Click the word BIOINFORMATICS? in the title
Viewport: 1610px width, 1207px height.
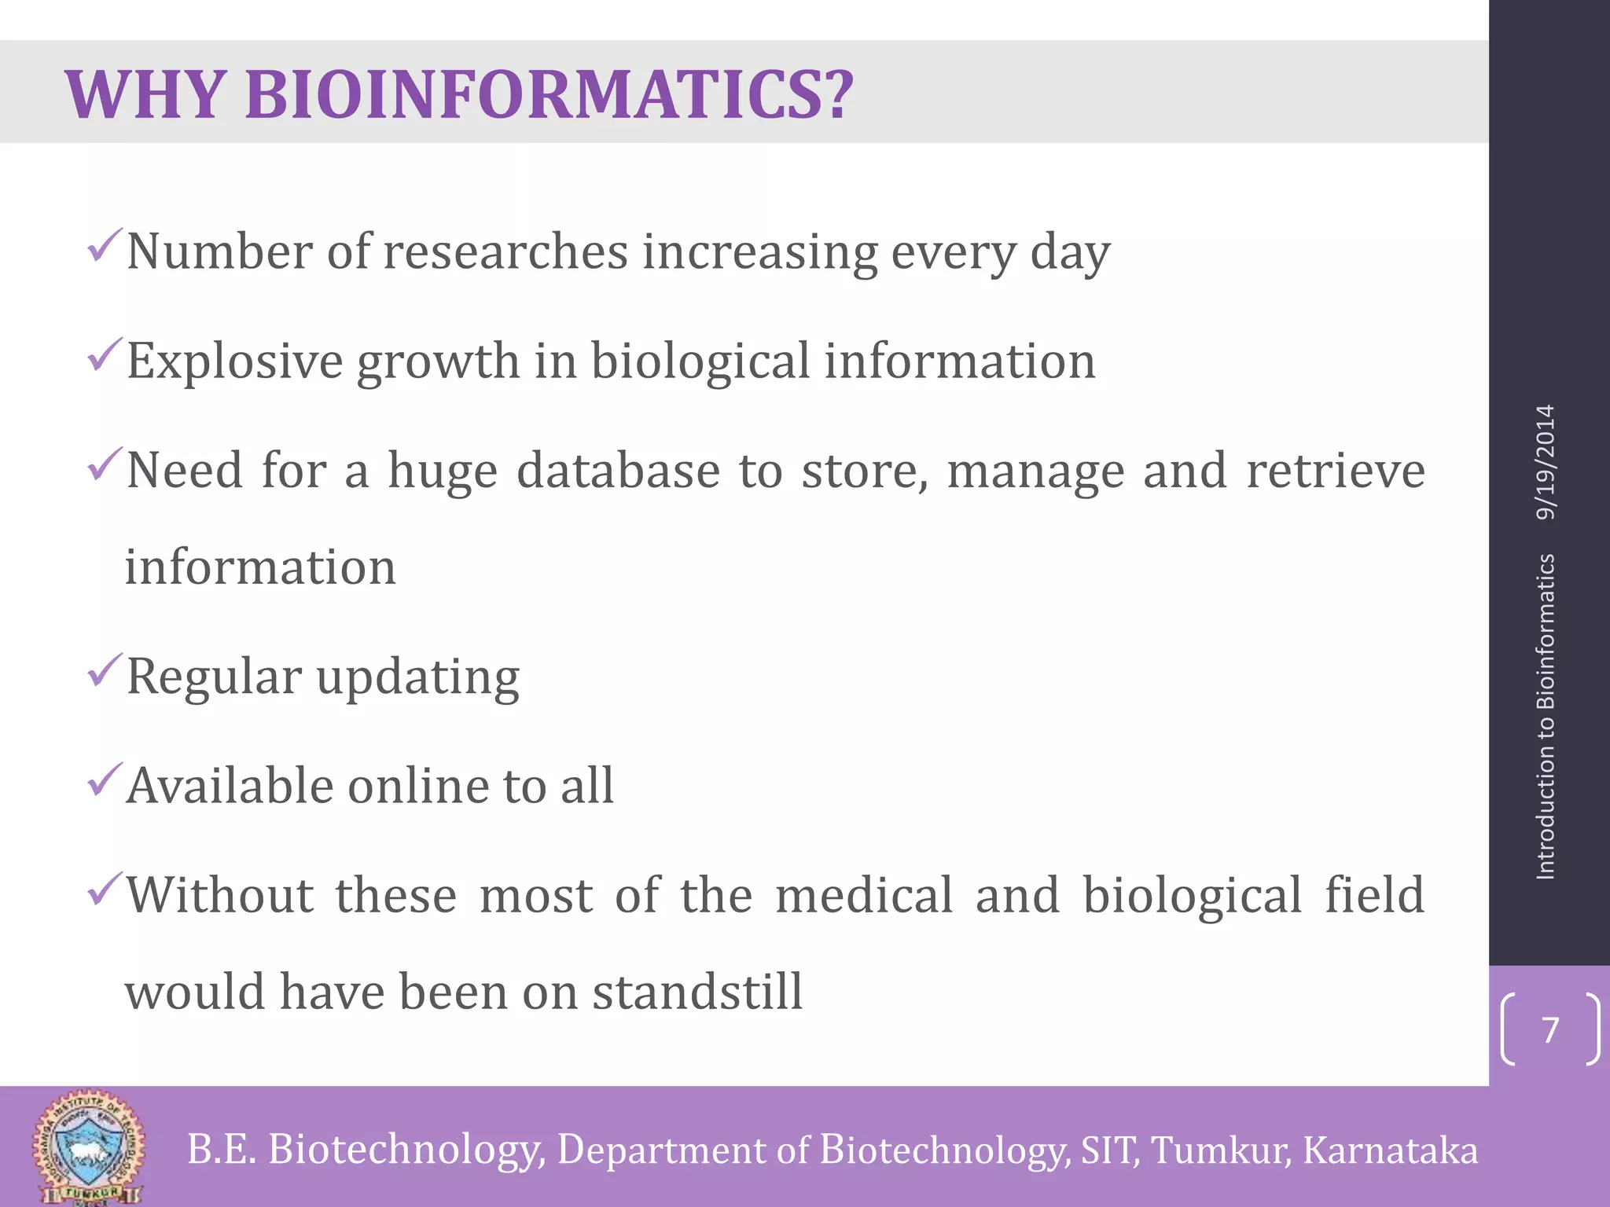pos(549,95)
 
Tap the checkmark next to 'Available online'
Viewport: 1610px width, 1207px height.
pos(105,780)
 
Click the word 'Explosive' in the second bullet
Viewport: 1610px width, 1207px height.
pos(234,361)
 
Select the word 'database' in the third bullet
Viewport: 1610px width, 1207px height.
pos(618,471)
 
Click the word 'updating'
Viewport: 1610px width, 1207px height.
pos(417,677)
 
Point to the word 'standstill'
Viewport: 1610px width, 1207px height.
pos(697,992)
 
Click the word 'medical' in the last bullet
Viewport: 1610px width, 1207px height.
pos(863,895)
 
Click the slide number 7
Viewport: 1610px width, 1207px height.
pos(1550,1029)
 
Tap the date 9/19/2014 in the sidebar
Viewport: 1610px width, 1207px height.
pos(1546,462)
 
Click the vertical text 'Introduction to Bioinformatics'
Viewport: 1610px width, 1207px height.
pos(1546,716)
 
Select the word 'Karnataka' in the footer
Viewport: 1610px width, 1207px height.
pos(1390,1150)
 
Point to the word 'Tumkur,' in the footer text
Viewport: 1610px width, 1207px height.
pos(1220,1150)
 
